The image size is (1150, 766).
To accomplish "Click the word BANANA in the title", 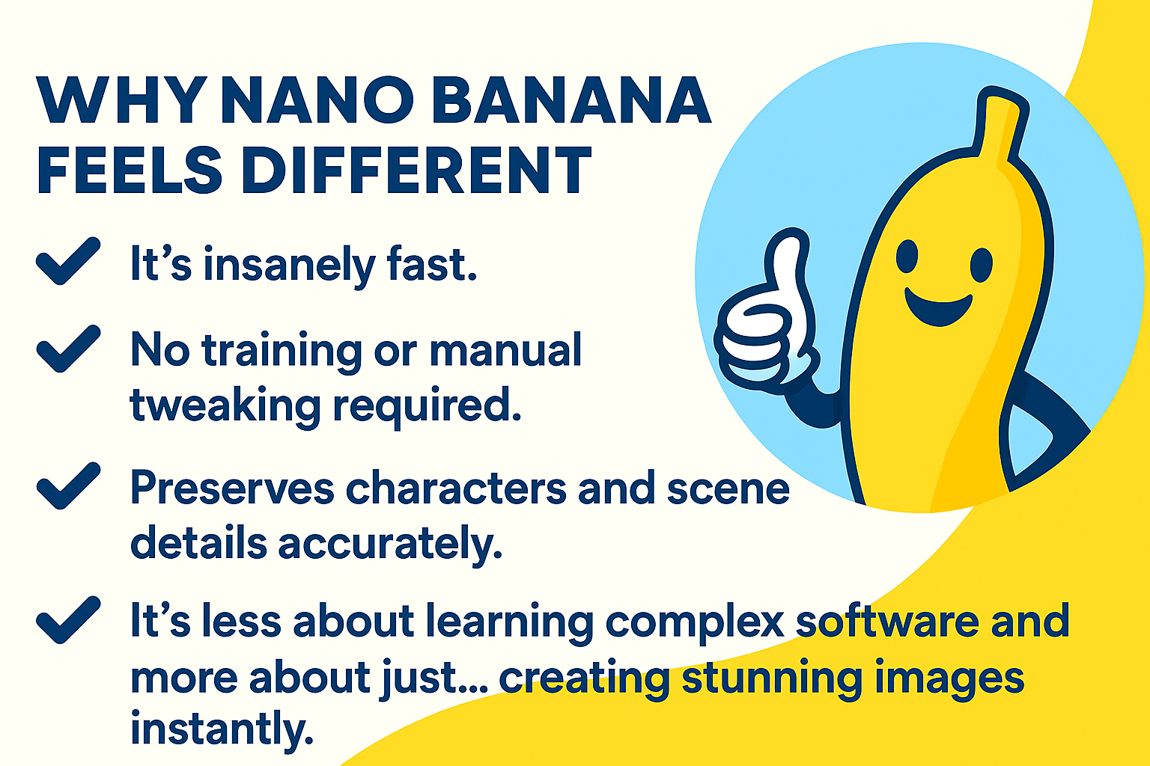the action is [571, 100].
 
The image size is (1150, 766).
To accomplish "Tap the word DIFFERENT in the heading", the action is [416, 169].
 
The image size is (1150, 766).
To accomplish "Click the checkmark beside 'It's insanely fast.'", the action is [68, 260].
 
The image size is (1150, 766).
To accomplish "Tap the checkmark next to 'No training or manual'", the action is [68, 349].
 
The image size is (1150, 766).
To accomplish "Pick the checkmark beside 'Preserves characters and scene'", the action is [68, 485].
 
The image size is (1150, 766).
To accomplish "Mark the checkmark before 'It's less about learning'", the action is [68, 619].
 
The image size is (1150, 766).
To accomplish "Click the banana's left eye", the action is [907, 257].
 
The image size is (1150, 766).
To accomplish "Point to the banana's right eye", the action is [981, 265].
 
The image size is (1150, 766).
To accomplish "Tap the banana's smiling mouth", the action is [938, 310].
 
